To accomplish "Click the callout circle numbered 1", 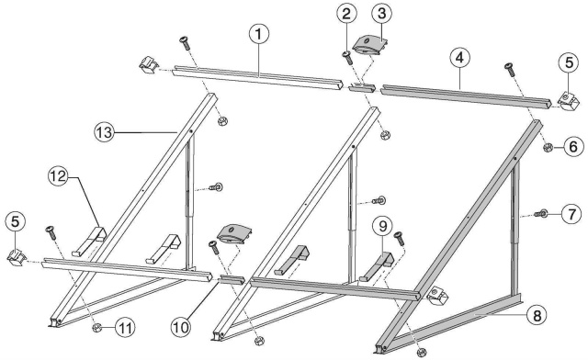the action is click(259, 34).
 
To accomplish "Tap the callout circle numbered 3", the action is click(381, 14).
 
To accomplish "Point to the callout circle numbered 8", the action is click(537, 315).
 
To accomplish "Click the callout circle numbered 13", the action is click(104, 132).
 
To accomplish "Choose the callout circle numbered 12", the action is click(58, 176).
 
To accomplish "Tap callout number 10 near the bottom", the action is click(181, 327).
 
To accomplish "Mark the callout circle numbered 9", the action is click(382, 226).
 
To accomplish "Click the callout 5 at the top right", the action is click(569, 62).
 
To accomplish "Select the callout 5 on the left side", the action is click(15, 221).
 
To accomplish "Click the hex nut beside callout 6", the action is click(548, 147).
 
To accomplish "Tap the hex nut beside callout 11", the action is click(96, 328).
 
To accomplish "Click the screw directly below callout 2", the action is click(347, 58).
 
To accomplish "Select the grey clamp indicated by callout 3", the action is click(370, 45).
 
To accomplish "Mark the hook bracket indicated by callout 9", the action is click(377, 267).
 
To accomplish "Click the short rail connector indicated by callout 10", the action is click(232, 279).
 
